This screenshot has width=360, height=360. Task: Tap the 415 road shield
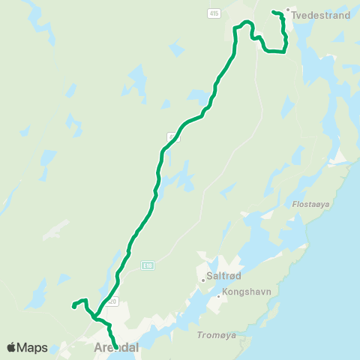click(x=215, y=14)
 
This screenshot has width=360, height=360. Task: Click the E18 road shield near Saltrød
click(x=148, y=265)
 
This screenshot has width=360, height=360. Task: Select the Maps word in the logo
click(x=32, y=347)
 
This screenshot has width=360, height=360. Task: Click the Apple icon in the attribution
click(x=11, y=346)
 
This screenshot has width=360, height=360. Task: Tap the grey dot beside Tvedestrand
click(x=289, y=10)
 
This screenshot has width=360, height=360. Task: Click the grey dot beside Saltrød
click(x=203, y=281)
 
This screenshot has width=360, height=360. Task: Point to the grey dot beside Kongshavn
click(x=218, y=296)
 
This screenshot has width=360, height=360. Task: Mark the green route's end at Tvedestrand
click(x=273, y=12)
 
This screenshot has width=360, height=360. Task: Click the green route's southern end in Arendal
click(x=116, y=347)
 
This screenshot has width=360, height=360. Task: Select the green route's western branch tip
click(x=73, y=305)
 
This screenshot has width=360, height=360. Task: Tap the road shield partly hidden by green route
click(x=172, y=136)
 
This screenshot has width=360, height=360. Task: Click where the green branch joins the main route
click(x=97, y=316)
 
